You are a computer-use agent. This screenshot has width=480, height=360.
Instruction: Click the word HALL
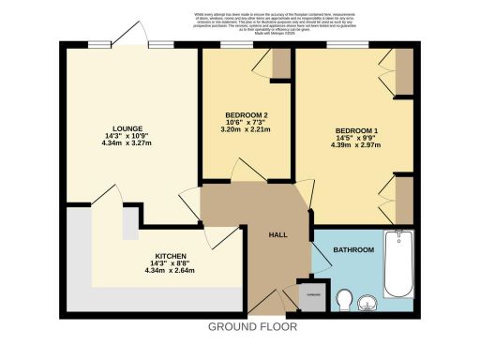pos(278,235)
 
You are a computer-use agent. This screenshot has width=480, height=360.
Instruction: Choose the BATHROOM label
pos(356,249)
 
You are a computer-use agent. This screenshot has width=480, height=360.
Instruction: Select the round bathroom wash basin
pos(367,301)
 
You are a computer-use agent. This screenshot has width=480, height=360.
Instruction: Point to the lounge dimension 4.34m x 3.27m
pos(127,144)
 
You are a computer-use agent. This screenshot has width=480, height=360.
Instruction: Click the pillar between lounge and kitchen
pos(129,225)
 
